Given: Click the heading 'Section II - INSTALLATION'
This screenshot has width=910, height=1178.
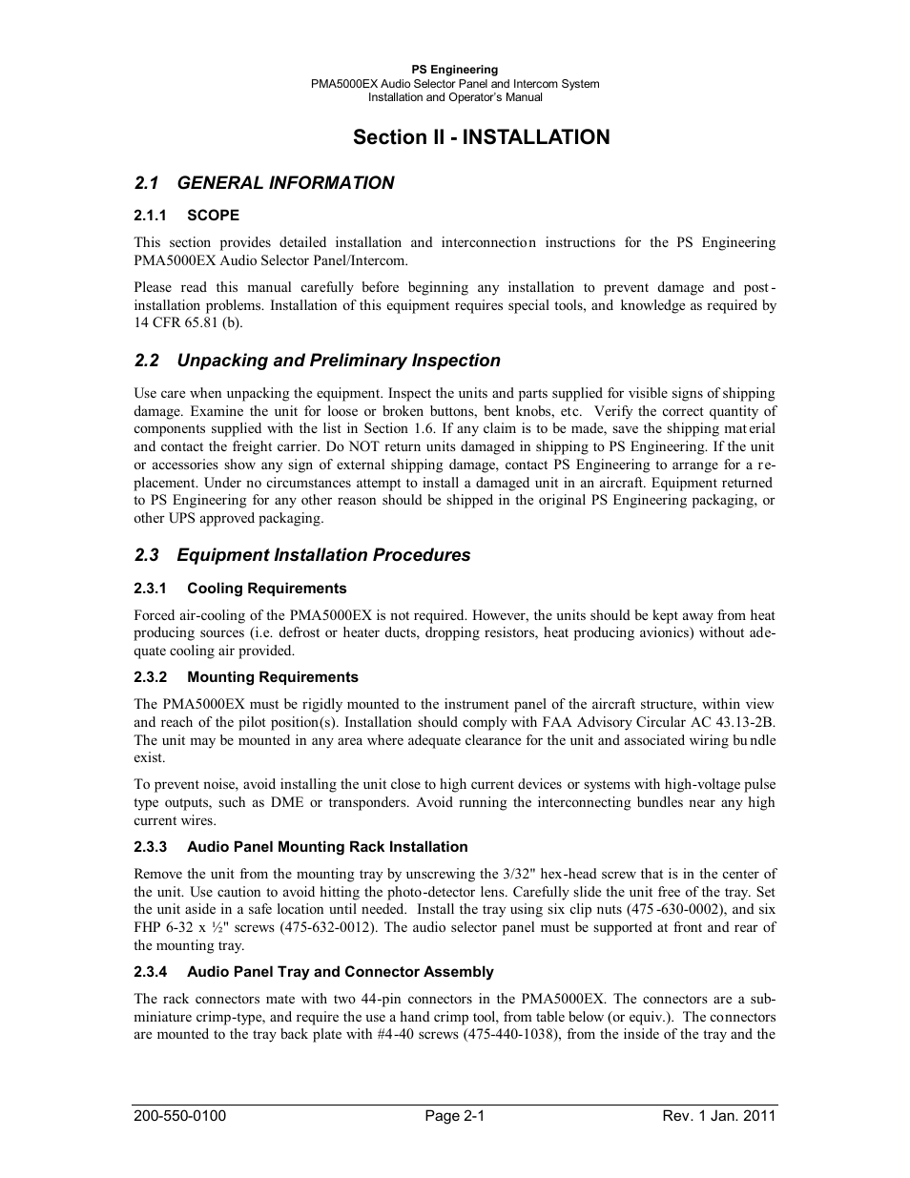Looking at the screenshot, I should point(481,137).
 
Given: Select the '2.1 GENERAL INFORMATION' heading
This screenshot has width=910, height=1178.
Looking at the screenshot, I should point(264,183).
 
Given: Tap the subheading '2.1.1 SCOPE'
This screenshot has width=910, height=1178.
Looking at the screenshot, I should point(187,216).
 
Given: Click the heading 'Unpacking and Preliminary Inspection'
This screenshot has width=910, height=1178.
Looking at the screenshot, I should point(339,361).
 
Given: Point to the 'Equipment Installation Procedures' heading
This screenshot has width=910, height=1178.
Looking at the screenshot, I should point(323,555).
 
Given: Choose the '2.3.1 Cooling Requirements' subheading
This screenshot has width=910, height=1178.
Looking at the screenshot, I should point(240,589).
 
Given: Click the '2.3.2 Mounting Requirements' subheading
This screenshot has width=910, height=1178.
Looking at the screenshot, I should point(246,677).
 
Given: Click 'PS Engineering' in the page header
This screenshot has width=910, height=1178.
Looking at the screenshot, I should point(455,70).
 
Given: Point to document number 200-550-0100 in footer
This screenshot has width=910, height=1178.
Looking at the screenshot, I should point(180,1116).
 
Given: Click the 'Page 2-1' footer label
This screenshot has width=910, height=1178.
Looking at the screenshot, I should point(455,1116).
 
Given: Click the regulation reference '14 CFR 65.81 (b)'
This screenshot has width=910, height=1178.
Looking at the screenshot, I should point(188,323).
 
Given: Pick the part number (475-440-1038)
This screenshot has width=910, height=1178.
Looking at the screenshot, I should point(511,1035).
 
